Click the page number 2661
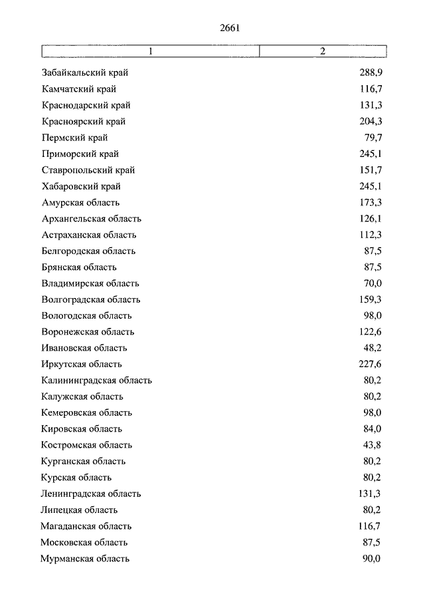228,28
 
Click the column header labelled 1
151,51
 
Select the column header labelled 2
322,51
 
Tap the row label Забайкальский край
84,73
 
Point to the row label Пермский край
74,138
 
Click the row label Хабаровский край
81,186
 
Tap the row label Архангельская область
91,219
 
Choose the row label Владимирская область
90,283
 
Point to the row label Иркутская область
81,365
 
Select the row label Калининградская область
96,380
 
